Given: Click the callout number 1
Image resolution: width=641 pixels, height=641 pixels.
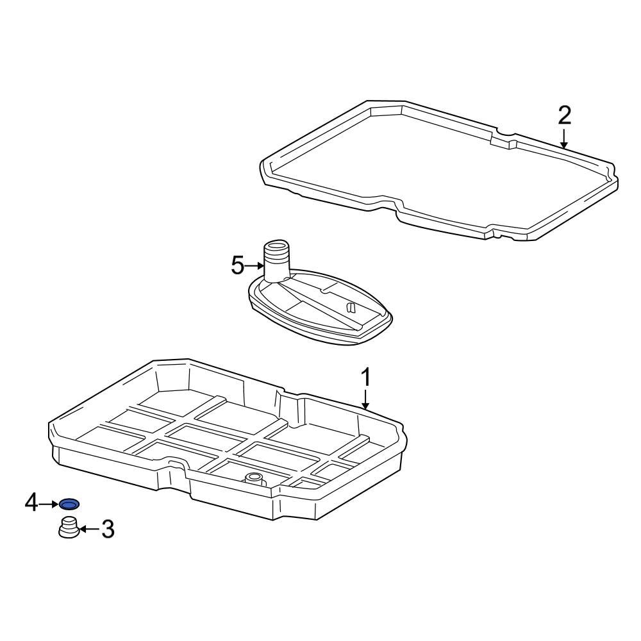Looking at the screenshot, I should pos(365,378).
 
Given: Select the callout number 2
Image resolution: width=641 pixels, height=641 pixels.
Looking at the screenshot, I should pos(564,115).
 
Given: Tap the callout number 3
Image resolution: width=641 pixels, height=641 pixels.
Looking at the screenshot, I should pos(108,529).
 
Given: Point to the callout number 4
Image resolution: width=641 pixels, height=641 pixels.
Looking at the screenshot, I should pos(31,504).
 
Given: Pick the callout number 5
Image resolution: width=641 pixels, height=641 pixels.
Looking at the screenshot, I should pos(238,265).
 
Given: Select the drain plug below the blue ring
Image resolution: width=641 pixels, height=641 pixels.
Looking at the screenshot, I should pos(68,529).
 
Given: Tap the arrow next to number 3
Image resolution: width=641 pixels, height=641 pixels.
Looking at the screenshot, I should pos(88,529).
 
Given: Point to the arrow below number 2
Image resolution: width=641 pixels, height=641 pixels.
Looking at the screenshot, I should pos(564,138).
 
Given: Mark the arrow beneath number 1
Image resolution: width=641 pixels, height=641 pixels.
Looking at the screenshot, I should pos(365,401).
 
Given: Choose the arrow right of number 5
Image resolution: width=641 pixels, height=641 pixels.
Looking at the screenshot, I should pos(254,265).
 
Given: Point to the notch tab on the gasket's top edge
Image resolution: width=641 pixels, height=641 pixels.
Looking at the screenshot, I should pos(503,140).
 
